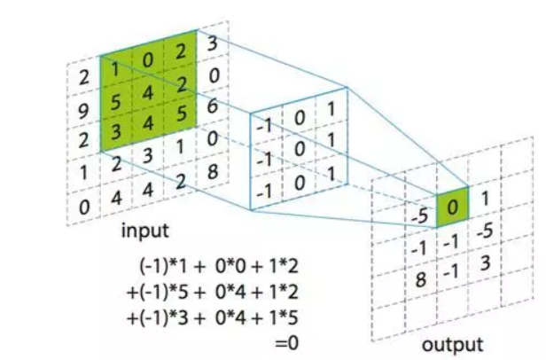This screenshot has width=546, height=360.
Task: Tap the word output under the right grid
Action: pyautogui.click(x=453, y=344)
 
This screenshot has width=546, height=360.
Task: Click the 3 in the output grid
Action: pyautogui.click(x=484, y=263)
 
